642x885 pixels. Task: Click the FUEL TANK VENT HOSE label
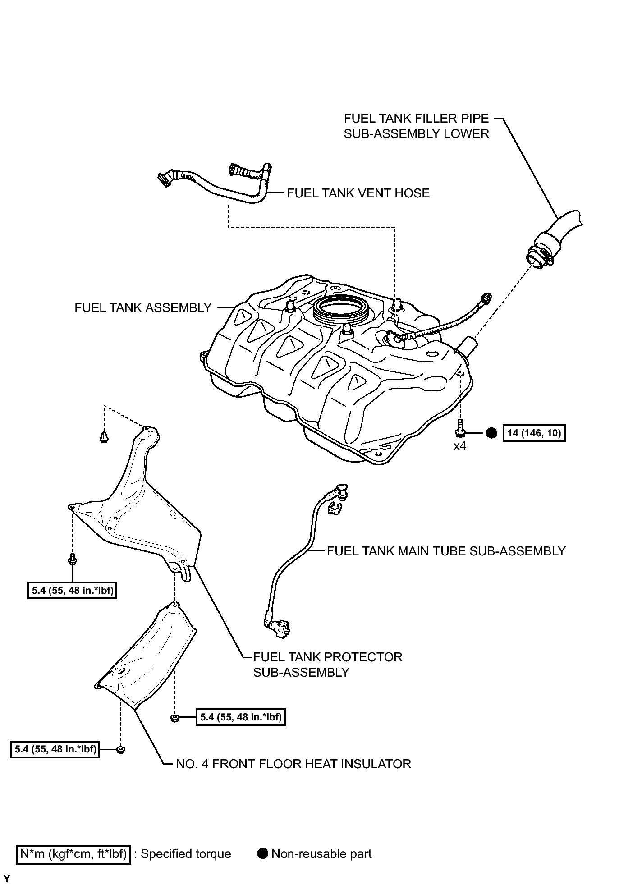(358, 193)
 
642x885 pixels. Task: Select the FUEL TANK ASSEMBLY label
(143, 307)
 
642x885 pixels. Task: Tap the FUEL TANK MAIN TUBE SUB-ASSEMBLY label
(446, 551)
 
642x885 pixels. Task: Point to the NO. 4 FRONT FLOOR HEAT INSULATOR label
(293, 764)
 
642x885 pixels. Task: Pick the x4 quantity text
(459, 446)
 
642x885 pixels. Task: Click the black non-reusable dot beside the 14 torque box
(491, 433)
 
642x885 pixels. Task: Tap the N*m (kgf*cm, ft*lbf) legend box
(73, 854)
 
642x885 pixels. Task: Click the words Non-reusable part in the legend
(321, 854)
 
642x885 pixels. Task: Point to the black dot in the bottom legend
(263, 853)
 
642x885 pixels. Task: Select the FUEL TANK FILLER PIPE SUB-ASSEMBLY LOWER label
(416, 126)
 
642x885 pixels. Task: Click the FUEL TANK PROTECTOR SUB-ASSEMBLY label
(328, 665)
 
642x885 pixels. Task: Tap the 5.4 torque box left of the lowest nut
(55, 749)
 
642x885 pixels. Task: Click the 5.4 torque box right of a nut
(241, 717)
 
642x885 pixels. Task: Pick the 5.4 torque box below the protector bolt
(72, 590)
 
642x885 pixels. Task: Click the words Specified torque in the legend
(186, 854)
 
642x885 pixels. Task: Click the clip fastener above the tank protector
(104, 437)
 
